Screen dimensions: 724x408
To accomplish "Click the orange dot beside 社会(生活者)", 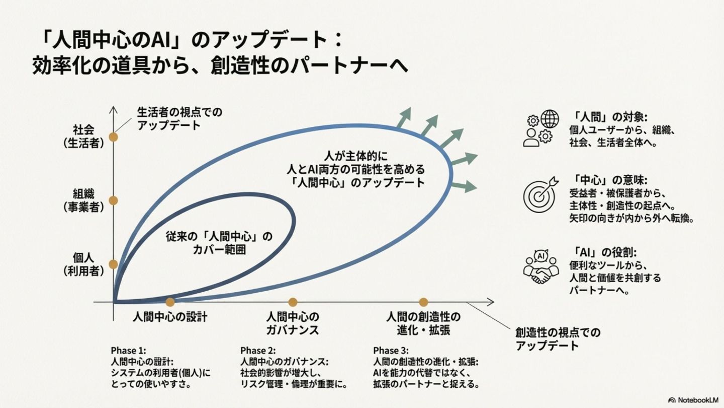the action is point(114,136).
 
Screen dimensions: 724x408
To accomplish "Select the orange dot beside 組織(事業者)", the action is point(114,200).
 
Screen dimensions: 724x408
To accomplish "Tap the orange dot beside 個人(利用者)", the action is point(114,264).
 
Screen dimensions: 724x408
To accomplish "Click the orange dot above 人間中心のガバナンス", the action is point(293,302).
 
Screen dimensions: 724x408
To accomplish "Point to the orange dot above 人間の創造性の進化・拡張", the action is point(423,302).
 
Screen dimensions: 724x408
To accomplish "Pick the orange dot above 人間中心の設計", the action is point(170,302).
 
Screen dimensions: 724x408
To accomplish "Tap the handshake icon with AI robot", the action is point(541,268).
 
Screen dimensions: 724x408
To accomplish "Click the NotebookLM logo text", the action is point(696,399).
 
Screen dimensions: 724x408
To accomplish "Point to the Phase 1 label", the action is point(128,351).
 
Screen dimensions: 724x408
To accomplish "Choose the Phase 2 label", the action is point(257,351).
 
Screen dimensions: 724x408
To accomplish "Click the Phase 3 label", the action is point(391,351).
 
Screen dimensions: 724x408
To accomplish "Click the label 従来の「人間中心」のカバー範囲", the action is point(219,242).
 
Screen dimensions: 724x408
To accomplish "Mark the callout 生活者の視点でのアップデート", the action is point(179,118).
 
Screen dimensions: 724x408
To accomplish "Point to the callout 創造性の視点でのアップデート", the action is point(558,339).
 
